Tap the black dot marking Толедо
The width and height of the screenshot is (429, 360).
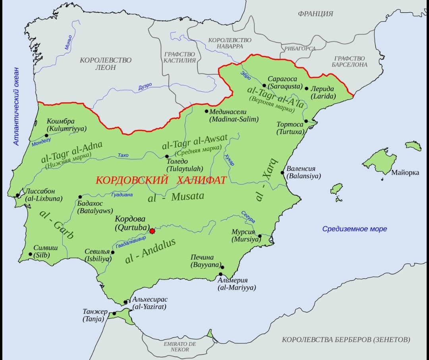coord(167,156)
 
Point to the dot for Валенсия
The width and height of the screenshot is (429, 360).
coord(282,173)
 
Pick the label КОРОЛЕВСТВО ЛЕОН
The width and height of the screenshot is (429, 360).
coord(106,64)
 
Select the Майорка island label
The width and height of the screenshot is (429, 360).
coord(405,173)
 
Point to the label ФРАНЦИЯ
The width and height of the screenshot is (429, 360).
coord(315,14)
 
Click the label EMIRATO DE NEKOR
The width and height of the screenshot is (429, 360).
coord(180,347)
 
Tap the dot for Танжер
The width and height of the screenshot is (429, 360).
coord(114,314)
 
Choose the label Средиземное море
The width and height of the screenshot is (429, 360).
coord(354,229)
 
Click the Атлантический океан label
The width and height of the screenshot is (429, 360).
coord(16,106)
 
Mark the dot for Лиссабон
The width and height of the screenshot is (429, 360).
coord(17,195)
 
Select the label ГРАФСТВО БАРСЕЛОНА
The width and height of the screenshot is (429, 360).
coord(350,62)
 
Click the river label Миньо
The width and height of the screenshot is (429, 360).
coord(68,42)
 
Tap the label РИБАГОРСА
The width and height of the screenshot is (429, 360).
coord(300,48)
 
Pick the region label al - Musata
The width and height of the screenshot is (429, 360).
coord(176,197)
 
